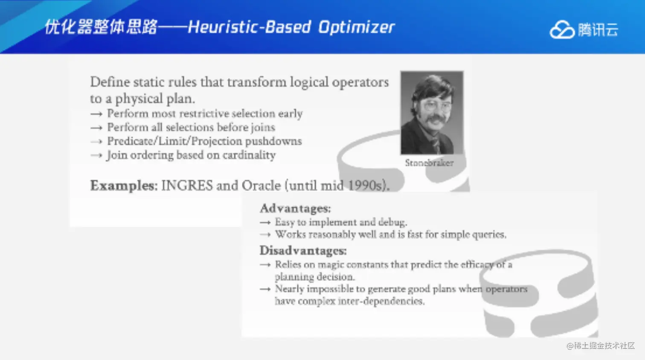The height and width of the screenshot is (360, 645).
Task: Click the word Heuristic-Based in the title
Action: click(x=250, y=27)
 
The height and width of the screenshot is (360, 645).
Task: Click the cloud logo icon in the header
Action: click(x=562, y=29)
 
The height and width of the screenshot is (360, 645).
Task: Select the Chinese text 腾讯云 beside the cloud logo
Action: click(x=598, y=30)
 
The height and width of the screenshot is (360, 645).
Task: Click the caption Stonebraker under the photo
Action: click(x=429, y=163)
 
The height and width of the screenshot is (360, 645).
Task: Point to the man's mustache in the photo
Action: click(x=436, y=119)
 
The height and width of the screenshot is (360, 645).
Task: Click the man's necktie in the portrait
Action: click(x=436, y=145)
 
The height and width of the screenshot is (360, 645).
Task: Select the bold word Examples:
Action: click(x=124, y=186)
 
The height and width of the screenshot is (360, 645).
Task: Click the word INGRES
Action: click(x=187, y=186)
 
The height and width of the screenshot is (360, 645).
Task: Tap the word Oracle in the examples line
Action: click(x=261, y=186)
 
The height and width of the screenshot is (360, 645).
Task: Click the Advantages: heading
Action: click(x=296, y=208)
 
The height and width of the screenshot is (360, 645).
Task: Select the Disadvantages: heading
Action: click(x=303, y=250)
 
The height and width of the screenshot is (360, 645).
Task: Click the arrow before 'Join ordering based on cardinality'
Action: click(x=96, y=156)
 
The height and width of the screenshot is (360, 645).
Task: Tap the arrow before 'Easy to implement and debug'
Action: click(x=265, y=223)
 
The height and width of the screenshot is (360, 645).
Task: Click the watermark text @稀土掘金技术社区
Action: click(x=601, y=345)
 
